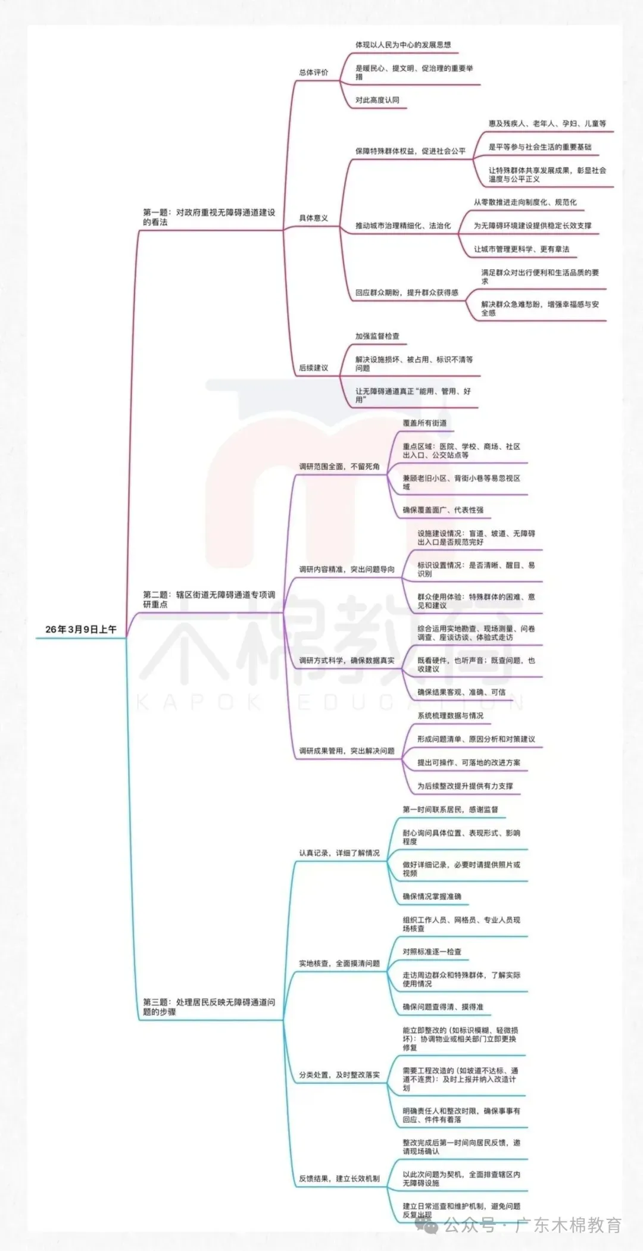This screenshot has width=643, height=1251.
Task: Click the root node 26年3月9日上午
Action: [x=81, y=629]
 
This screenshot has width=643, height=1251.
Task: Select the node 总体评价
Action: [x=313, y=73]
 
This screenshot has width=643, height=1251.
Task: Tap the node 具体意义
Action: [x=313, y=218]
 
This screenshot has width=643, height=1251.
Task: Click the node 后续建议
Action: [x=313, y=368]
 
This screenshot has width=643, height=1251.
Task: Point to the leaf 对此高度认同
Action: [x=377, y=100]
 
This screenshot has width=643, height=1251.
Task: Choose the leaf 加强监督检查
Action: [x=377, y=336]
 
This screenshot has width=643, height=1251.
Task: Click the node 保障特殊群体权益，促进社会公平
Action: [x=410, y=151]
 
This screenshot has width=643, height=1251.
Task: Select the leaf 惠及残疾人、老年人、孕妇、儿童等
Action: [x=547, y=124]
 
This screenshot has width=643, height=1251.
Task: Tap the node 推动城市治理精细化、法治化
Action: [x=403, y=226]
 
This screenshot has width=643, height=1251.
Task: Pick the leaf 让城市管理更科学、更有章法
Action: [x=522, y=249]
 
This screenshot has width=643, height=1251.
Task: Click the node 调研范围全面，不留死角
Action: [x=339, y=467]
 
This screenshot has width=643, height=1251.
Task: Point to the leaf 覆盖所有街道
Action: [x=424, y=423]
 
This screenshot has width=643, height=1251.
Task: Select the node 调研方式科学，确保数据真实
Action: [x=347, y=660]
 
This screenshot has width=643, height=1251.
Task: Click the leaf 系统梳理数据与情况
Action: [x=450, y=715]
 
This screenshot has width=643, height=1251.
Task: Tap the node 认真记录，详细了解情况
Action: [x=339, y=853]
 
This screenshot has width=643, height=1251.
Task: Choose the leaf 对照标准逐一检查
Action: [x=432, y=952]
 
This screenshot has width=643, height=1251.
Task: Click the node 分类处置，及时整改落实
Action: [x=339, y=1075]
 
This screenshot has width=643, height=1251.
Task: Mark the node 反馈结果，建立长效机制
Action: [x=339, y=1178]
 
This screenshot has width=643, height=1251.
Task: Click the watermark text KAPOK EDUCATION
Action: [x=330, y=703]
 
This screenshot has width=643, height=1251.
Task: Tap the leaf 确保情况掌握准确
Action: [x=432, y=896]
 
